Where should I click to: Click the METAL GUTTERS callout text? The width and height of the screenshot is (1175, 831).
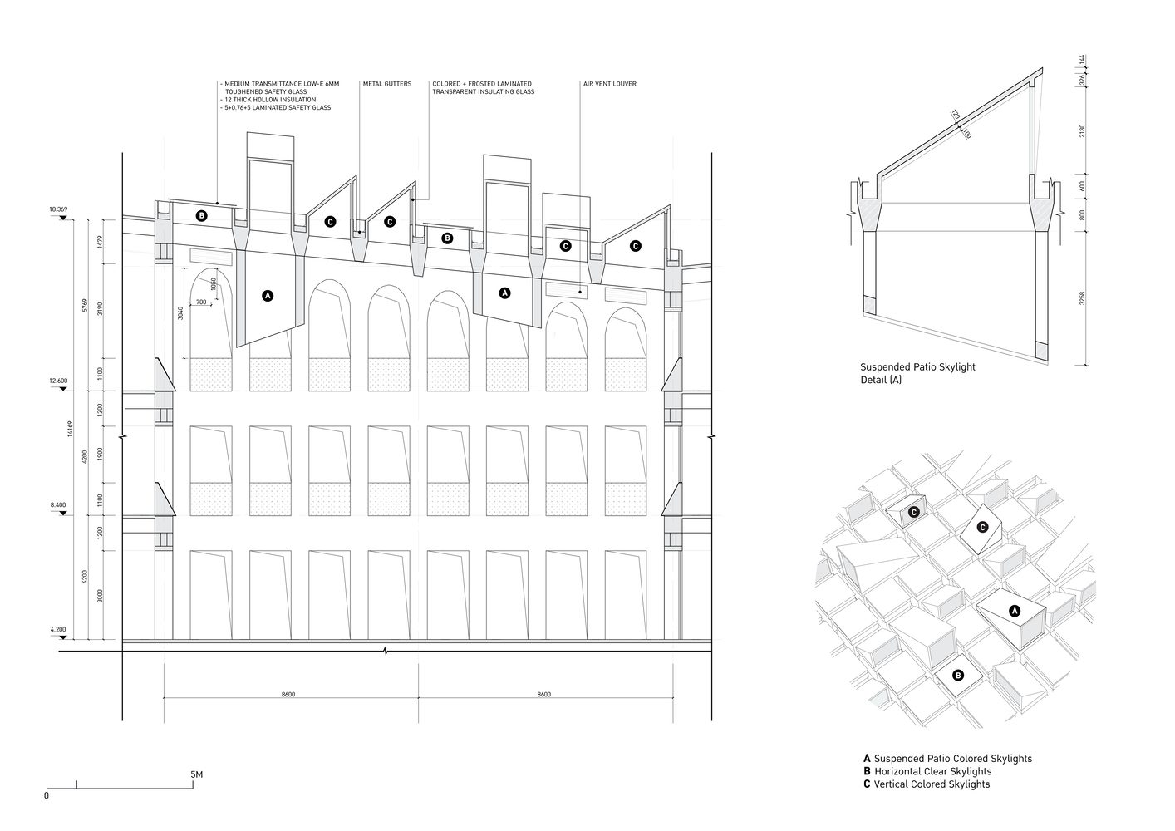pyautogui.click(x=386, y=84)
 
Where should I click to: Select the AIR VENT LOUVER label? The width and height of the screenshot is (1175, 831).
pyautogui.click(x=609, y=84)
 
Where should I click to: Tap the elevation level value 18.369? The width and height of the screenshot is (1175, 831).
pyautogui.click(x=57, y=209)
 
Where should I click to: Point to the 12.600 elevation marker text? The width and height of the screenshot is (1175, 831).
pyautogui.click(x=57, y=381)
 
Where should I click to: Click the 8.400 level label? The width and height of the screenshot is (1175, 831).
pyautogui.click(x=57, y=505)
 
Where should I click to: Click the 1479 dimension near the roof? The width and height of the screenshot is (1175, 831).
pyautogui.click(x=99, y=242)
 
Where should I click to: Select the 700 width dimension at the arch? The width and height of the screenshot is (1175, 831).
pyautogui.click(x=201, y=302)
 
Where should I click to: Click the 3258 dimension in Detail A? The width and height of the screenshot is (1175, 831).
pyautogui.click(x=1083, y=298)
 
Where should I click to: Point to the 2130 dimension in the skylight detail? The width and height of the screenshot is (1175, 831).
pyautogui.click(x=1083, y=131)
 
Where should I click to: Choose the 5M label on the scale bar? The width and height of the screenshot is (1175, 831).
pyautogui.click(x=196, y=774)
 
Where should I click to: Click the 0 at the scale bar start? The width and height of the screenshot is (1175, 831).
pyautogui.click(x=47, y=795)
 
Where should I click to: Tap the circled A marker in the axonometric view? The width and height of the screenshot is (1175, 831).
pyautogui.click(x=1014, y=611)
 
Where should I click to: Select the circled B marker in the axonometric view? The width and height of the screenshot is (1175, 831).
pyautogui.click(x=958, y=676)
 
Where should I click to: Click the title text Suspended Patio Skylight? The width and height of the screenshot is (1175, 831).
pyautogui.click(x=917, y=366)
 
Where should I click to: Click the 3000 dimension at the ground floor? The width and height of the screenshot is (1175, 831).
pyautogui.click(x=99, y=595)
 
